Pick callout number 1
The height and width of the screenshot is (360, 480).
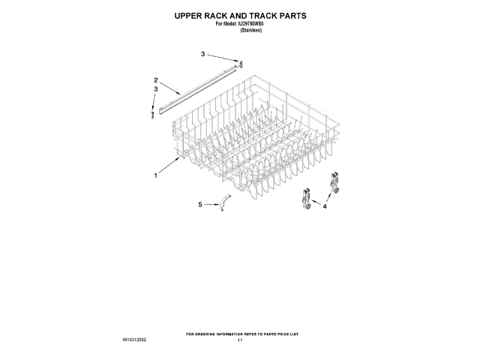pyautogui.click(x=156, y=175)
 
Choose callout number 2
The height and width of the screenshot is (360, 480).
pyautogui.click(x=156, y=80)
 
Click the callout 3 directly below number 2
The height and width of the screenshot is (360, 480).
pyautogui.click(x=156, y=89)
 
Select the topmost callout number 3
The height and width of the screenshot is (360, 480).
pyautogui.click(x=202, y=54)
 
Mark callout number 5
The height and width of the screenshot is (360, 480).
pyautogui.click(x=199, y=204)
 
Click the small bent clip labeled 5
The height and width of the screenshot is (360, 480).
pyautogui.click(x=224, y=202)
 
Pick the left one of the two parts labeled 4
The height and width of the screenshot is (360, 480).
pyautogui.click(x=304, y=200)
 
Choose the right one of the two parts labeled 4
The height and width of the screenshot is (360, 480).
pyautogui.click(x=334, y=182)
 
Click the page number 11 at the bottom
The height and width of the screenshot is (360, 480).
pyautogui.click(x=240, y=340)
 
